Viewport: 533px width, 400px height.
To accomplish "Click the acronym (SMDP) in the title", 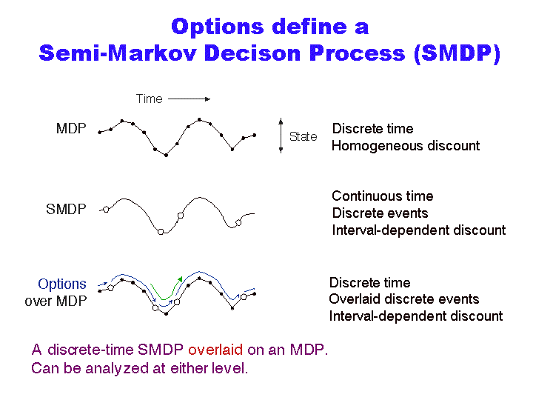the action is pos(457,53).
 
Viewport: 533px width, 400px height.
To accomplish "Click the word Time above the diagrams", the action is pos(150,99).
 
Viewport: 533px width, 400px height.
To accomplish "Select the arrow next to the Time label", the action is pos(190,99).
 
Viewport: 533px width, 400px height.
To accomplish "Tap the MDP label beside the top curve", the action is pos(71,129).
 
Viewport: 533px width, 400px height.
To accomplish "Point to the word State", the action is pos(304,136).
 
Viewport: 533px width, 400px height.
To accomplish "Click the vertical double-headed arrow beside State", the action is pos(281,136).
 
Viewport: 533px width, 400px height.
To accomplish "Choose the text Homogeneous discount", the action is pos(406,146).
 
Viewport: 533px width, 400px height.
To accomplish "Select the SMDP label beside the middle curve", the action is pos(66,209).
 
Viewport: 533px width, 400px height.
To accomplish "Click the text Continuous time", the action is pos(383,196).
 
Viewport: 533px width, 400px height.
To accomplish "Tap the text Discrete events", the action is pos(380,213).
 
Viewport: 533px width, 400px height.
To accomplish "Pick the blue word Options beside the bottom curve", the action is pos(62,284).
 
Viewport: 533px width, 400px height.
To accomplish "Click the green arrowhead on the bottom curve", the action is pos(180,279).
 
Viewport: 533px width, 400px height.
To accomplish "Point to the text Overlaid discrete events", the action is pos(404,299).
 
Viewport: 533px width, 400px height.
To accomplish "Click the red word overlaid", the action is pos(215,350).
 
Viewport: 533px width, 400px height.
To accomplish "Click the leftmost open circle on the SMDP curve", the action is pos(106,210).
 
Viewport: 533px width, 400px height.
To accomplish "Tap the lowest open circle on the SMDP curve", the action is pos(161,232).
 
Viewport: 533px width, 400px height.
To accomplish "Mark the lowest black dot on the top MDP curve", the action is pos(167,155).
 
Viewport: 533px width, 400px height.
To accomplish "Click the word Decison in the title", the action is pos(252,53).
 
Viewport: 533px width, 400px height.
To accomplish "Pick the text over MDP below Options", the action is pos(56,301).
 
